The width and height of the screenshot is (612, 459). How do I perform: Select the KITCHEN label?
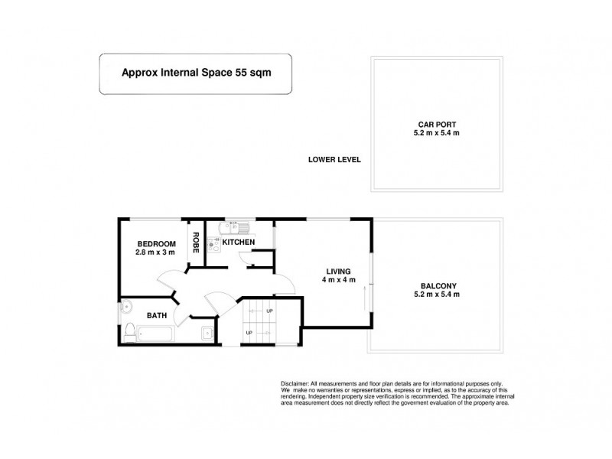point(238,242)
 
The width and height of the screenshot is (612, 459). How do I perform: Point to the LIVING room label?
point(337,272)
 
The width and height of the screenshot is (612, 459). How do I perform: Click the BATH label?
point(157,314)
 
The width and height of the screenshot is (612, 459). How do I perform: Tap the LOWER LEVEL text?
point(334,161)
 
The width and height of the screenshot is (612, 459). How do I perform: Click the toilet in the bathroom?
point(131,331)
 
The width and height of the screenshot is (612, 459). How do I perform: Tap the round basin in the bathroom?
point(127,308)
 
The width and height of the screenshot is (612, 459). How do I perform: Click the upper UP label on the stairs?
point(269,311)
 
